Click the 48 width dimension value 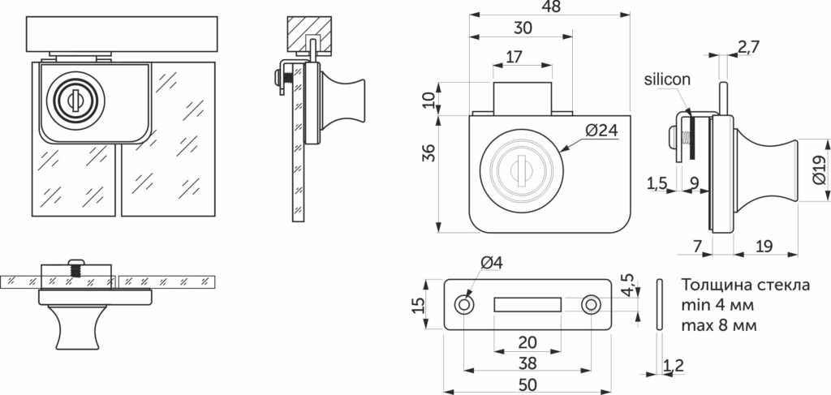click(x=551, y=6)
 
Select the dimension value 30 click(x=523, y=28)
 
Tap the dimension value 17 click(x=514, y=57)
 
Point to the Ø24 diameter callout click(x=602, y=131)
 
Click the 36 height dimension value click(x=429, y=152)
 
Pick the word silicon click(x=667, y=80)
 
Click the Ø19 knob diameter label click(x=818, y=170)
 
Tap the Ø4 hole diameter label click(x=491, y=262)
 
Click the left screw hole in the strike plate click(x=464, y=305)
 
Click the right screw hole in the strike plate click(x=590, y=305)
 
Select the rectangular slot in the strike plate click(x=527, y=304)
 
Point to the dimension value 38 click(x=527, y=363)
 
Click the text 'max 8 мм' click(x=720, y=324)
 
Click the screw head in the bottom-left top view click(x=76, y=261)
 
